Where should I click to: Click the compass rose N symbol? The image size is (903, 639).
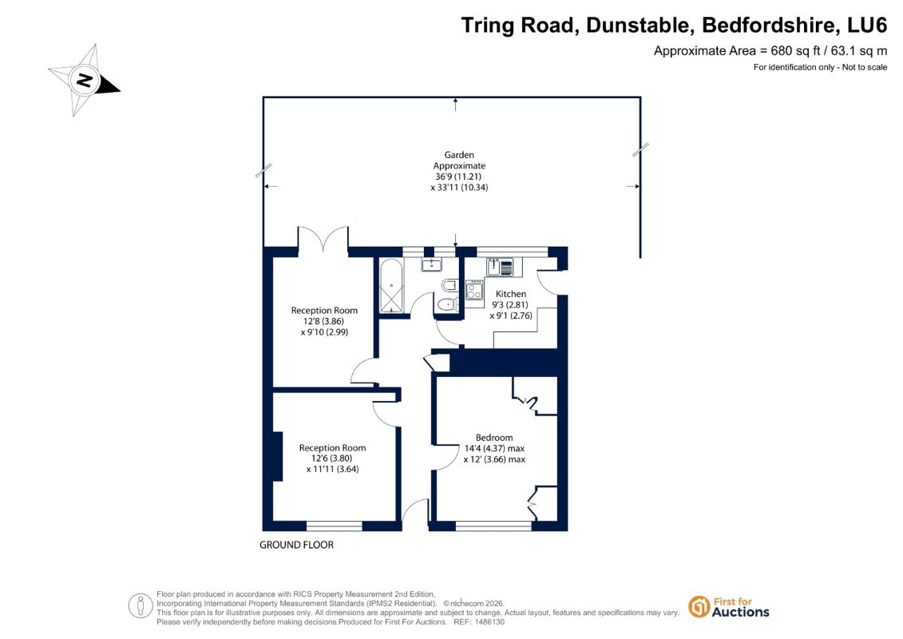(85, 80)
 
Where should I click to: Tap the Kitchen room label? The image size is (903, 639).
(511, 294)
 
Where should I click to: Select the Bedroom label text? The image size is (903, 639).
(494, 438)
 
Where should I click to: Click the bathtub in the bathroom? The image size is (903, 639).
(391, 286)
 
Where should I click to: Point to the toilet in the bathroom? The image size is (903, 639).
(447, 304)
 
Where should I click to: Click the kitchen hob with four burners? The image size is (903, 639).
(474, 289)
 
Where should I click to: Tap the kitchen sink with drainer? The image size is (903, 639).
(500, 267)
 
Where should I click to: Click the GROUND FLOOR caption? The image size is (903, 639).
(296, 545)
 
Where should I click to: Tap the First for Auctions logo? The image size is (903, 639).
(729, 607)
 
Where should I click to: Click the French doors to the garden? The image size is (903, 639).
(323, 239)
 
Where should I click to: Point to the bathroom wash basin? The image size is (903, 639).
(431, 264)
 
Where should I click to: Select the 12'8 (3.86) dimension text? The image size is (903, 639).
(323, 321)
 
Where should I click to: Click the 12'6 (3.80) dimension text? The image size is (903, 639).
(331, 458)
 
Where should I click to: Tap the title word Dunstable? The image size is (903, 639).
(637, 25)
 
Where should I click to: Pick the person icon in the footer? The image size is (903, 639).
(140, 606)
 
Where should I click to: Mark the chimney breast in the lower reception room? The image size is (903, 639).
(277, 456)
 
